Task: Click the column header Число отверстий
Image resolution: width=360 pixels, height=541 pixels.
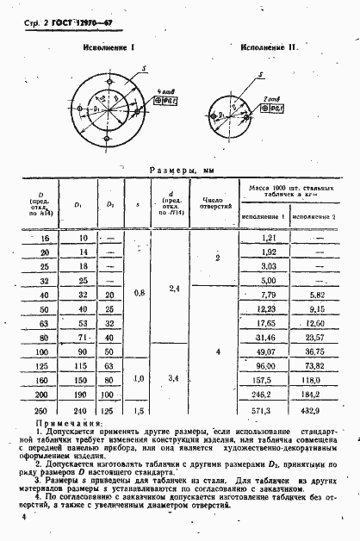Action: (215, 203)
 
